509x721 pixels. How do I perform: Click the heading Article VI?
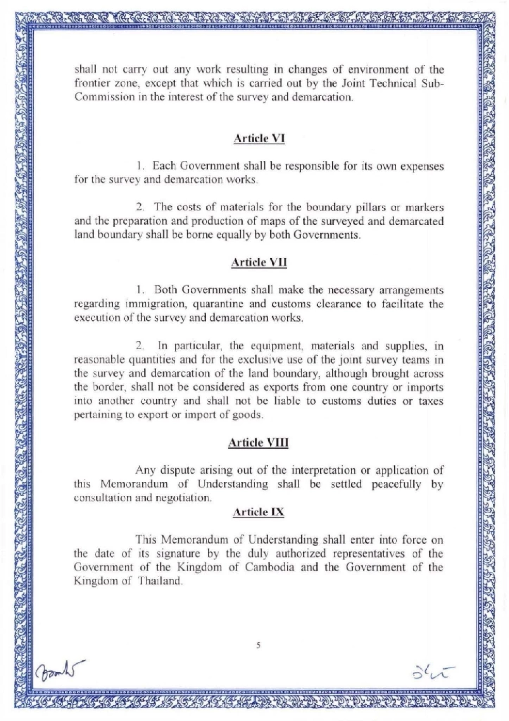pyautogui.click(x=259, y=138)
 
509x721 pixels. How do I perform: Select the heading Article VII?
pyautogui.click(x=259, y=262)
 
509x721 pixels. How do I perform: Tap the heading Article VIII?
pyautogui.click(x=258, y=442)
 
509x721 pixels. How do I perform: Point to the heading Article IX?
pyautogui.click(x=258, y=512)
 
